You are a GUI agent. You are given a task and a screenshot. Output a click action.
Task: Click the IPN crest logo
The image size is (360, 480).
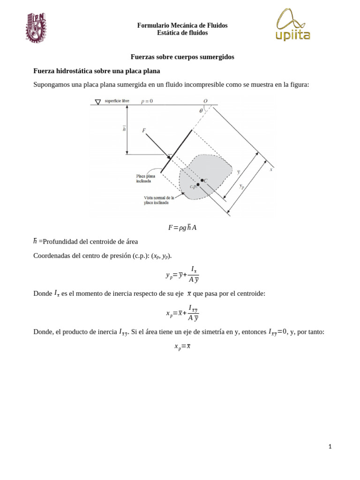click(36, 28)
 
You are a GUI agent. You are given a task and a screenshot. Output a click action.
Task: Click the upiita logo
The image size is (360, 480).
click(292, 25)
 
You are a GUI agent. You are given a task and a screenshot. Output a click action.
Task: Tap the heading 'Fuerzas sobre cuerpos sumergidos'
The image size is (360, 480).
click(182, 57)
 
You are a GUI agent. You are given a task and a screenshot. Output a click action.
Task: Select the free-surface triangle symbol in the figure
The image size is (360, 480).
click(98, 102)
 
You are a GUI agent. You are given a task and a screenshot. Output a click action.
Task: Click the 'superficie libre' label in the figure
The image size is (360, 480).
click(117, 101)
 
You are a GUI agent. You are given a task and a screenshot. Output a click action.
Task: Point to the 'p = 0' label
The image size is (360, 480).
click(147, 101)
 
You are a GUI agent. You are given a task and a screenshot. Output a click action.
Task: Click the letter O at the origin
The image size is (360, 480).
click(205, 101)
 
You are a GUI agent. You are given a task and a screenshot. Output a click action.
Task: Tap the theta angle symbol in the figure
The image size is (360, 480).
click(201, 111)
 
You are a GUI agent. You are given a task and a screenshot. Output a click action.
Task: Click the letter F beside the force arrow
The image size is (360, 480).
click(144, 131)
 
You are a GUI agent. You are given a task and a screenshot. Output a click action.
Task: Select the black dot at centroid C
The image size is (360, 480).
click(202, 180)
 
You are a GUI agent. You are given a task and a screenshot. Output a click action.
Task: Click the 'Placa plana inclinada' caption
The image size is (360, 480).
click(145, 179)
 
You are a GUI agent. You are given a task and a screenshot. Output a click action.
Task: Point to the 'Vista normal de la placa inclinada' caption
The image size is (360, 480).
click(158, 200)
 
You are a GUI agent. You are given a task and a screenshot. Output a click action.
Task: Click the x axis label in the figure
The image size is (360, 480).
click(271, 169)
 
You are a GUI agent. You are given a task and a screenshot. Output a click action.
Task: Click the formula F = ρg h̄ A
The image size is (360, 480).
click(182, 227)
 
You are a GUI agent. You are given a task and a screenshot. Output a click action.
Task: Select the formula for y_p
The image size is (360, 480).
click(182, 275)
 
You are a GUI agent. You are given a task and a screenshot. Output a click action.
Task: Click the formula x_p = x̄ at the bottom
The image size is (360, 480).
click(182, 346)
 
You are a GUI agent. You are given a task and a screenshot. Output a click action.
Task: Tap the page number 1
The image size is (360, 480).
click(330, 446)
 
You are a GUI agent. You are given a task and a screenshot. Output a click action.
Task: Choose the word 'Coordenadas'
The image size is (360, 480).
click(52, 255)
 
